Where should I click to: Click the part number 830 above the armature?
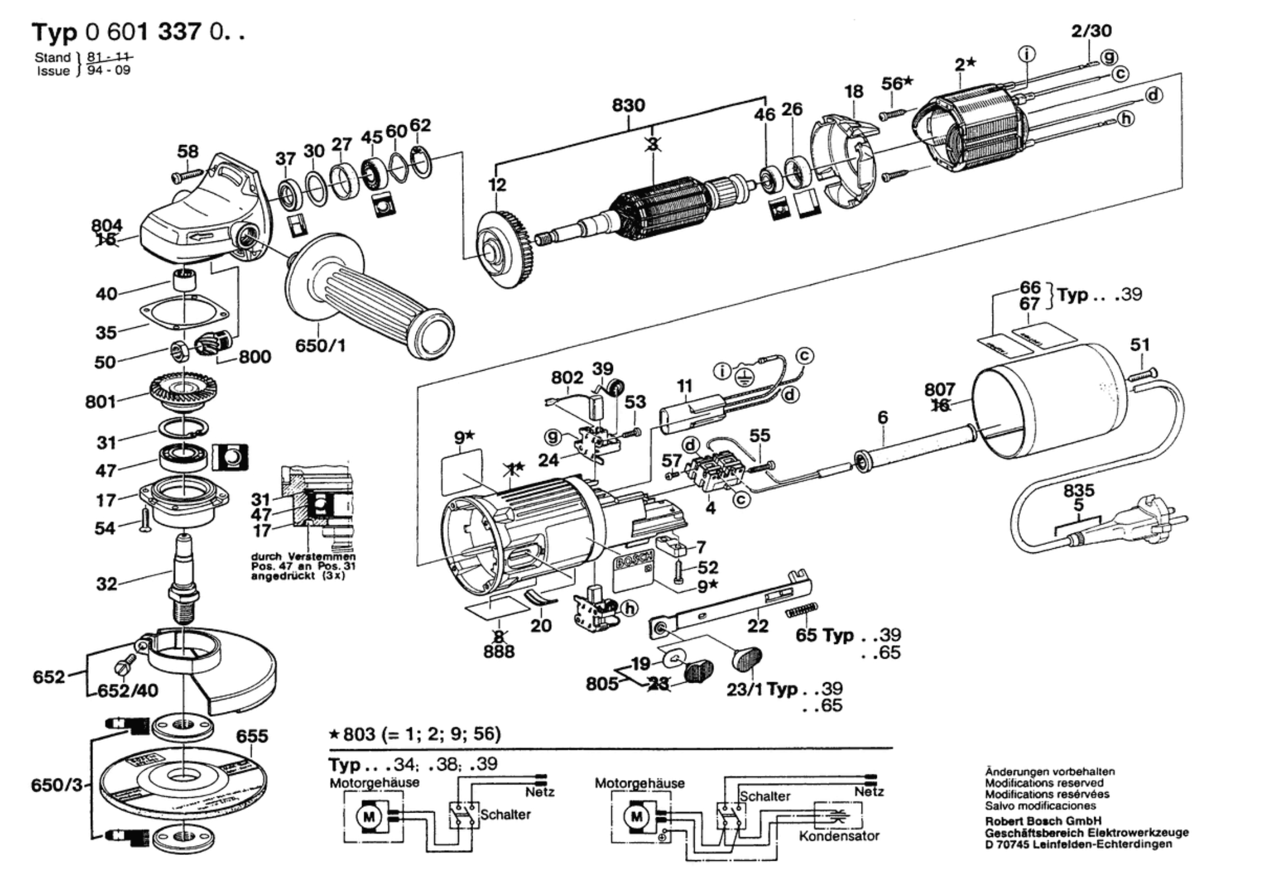[x=628, y=106]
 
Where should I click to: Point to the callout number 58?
[x=188, y=152]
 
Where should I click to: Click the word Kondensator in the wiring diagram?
[x=839, y=835]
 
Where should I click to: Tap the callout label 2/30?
[x=1091, y=31]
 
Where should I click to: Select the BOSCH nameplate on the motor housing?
[x=634, y=561]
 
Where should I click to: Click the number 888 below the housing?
[x=499, y=652]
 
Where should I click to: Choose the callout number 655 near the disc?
[x=252, y=736]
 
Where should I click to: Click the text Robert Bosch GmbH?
[x=1043, y=821]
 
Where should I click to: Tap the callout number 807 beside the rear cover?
[x=940, y=390]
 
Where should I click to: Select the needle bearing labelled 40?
[x=185, y=279]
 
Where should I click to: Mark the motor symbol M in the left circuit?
[x=369, y=817]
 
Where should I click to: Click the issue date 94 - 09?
[x=109, y=71]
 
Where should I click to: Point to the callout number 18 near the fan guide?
[x=854, y=92]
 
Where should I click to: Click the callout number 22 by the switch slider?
[x=757, y=626]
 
